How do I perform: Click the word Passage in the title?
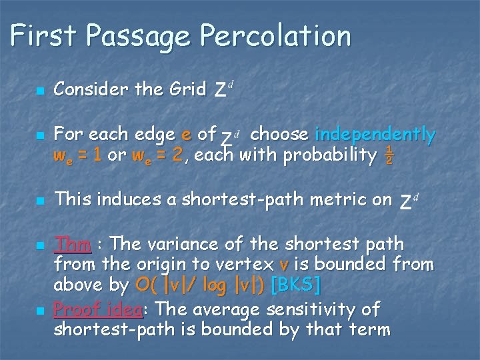[139, 36]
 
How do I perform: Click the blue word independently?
[375, 135]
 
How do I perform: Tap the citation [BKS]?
[296, 285]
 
